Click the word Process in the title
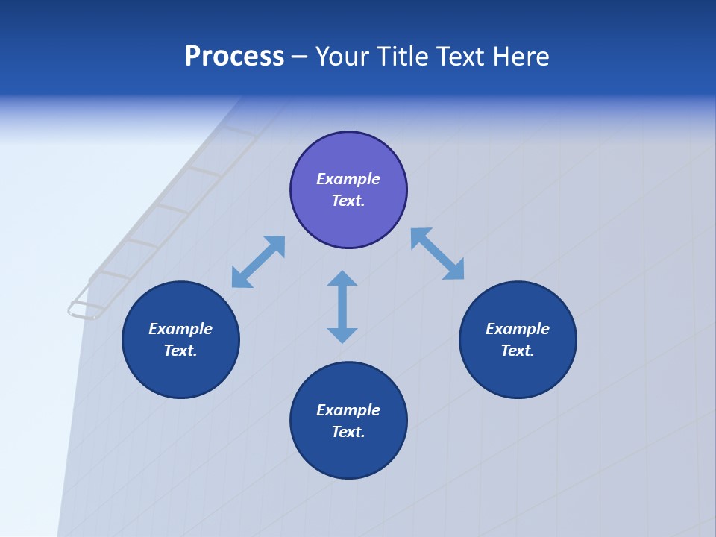click(234, 57)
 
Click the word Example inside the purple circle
click(348, 179)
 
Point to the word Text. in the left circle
click(180, 351)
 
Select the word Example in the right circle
click(518, 329)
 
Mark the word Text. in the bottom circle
click(348, 432)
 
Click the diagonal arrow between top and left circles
click(258, 262)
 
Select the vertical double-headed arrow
click(342, 307)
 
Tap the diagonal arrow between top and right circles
click(438, 254)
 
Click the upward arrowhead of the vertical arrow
click(342, 278)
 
